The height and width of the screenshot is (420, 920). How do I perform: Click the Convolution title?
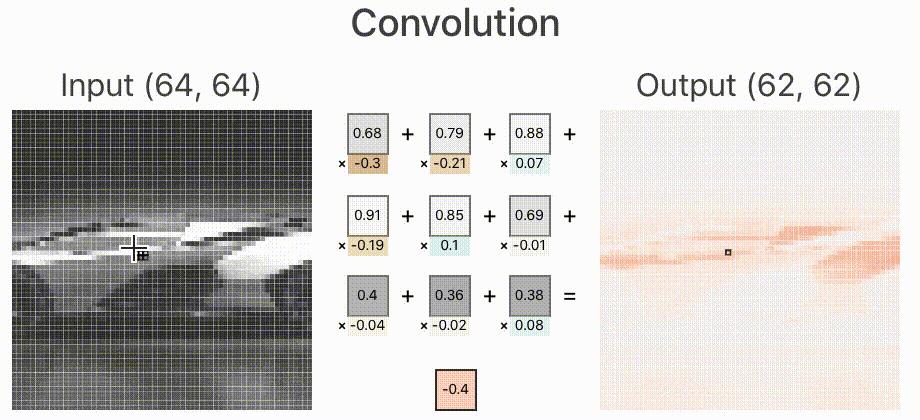coord(460,24)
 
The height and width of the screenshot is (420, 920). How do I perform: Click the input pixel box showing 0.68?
coord(367,132)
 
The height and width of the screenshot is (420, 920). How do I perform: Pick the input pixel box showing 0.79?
coord(449,132)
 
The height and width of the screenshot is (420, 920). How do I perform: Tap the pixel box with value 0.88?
coord(531,132)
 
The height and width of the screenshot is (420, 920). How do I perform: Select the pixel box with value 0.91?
coord(367,214)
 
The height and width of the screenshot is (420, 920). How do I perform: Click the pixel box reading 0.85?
coord(449,214)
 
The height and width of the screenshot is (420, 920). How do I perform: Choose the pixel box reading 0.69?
coord(531,214)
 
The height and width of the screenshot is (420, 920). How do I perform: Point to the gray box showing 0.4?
coord(367,296)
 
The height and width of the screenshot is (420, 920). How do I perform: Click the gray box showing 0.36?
coord(449,296)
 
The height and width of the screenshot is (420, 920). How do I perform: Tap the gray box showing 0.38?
coord(531,296)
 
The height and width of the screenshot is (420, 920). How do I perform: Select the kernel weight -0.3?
coord(369,163)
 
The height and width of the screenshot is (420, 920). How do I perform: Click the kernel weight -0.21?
coord(451,163)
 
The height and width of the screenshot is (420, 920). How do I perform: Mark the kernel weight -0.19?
coord(369,245)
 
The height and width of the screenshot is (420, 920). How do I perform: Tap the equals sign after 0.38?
coord(570,296)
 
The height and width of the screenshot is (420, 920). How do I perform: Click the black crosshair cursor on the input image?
coord(133,248)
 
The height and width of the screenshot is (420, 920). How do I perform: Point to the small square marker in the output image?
coord(728,253)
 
